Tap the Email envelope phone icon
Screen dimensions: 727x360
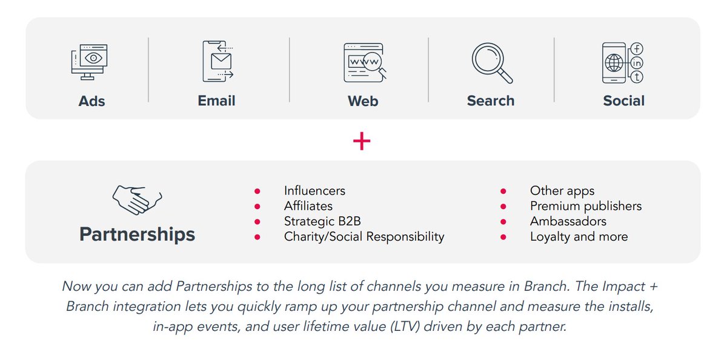click(x=217, y=61)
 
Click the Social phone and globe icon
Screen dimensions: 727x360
click(x=622, y=62)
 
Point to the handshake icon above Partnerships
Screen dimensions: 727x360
click(x=137, y=200)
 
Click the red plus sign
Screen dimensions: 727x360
click(x=362, y=141)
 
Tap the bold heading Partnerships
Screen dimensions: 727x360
click(x=137, y=235)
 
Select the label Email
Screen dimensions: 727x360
click(x=216, y=101)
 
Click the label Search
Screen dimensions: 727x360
click(x=490, y=101)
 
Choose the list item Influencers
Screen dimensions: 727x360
click(x=314, y=191)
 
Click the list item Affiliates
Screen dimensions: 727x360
click(x=308, y=206)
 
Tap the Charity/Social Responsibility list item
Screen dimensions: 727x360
click(x=363, y=236)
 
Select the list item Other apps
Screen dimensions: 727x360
click(x=562, y=191)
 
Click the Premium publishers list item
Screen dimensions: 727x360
click(x=585, y=206)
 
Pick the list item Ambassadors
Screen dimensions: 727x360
click(x=568, y=221)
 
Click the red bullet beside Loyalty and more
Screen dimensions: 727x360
click(x=503, y=237)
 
